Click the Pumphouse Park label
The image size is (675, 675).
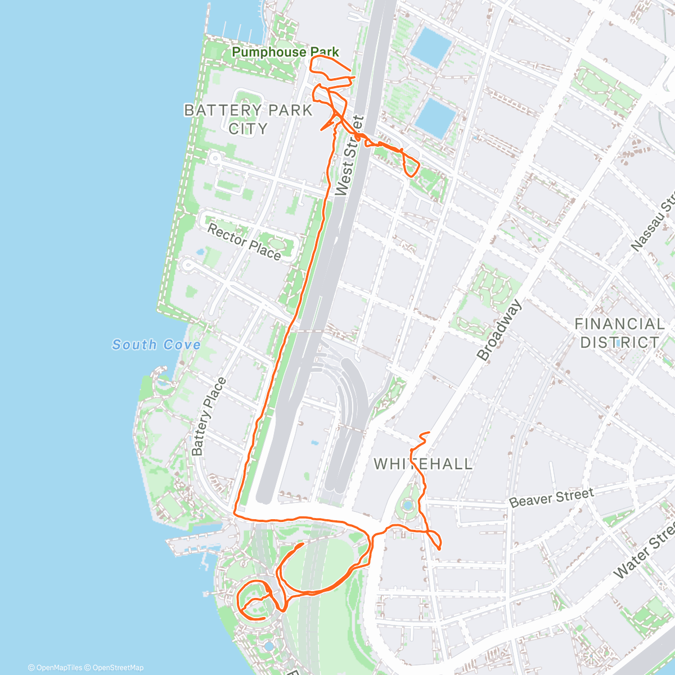pyautogui.click(x=285, y=52)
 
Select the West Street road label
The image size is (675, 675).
pyautogui.click(x=350, y=156)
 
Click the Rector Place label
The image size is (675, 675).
pyautogui.click(x=244, y=241)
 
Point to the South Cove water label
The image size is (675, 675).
pyautogui.click(x=156, y=344)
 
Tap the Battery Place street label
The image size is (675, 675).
pyautogui.click(x=209, y=416)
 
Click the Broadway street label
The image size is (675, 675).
pyautogui.click(x=499, y=330)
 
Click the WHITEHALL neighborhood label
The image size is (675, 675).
pyautogui.click(x=423, y=464)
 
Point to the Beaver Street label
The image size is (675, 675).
pyautogui.click(x=551, y=497)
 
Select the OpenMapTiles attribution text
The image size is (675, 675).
pyautogui.click(x=55, y=668)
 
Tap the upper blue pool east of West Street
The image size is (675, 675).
pyautogui.click(x=430, y=44)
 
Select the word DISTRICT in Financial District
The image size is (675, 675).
pyautogui.click(x=619, y=342)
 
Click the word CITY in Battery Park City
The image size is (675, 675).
pyautogui.click(x=248, y=129)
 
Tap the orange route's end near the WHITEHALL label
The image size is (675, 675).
pyautogui.click(x=429, y=433)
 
